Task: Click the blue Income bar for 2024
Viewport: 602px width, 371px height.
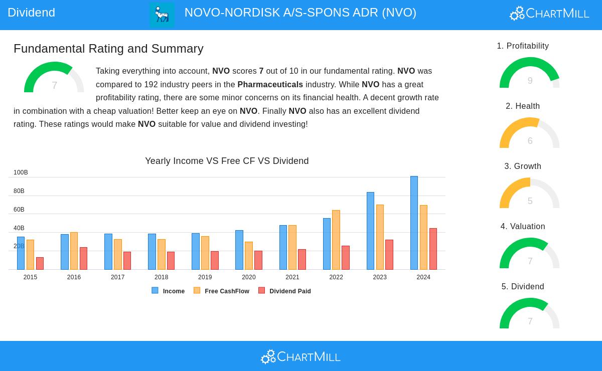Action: pyautogui.click(x=414, y=223)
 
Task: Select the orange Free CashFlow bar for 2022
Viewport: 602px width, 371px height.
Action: pyautogui.click(x=336, y=240)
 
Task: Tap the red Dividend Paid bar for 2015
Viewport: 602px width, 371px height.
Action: pyautogui.click(x=40, y=264)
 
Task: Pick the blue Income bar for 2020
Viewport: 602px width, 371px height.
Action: pyautogui.click(x=239, y=250)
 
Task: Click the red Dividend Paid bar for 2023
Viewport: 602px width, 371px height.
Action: pyautogui.click(x=389, y=255)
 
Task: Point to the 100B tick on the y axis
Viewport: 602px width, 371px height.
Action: pyautogui.click(x=21, y=172)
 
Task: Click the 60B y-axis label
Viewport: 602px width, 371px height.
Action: pyautogui.click(x=19, y=210)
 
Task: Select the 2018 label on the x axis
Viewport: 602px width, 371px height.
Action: pyautogui.click(x=161, y=277)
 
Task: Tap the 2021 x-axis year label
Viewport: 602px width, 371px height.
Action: pyautogui.click(x=292, y=277)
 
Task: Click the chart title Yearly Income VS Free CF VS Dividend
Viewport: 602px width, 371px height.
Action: pyautogui.click(x=227, y=161)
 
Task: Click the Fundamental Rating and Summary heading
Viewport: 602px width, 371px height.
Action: pyautogui.click(x=108, y=49)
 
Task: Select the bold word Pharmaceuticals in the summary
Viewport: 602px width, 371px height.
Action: pyautogui.click(x=270, y=85)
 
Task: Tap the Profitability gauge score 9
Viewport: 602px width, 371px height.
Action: pyautogui.click(x=530, y=81)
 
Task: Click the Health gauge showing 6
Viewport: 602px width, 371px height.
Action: pyautogui.click(x=530, y=134)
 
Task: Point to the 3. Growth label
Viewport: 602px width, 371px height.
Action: pyautogui.click(x=523, y=166)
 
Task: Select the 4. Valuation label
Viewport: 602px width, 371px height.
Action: pyautogui.click(x=523, y=227)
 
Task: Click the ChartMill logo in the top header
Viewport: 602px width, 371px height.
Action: pyautogui.click(x=549, y=13)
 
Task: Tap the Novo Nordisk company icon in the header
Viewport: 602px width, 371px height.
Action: pyautogui.click(x=162, y=15)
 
